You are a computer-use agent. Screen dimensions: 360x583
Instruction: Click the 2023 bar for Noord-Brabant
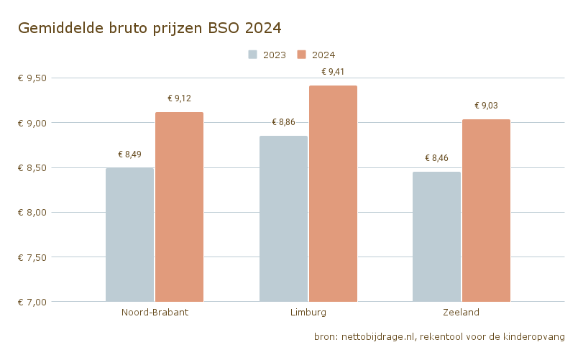click(129, 235)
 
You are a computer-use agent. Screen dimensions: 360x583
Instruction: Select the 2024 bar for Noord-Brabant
click(179, 207)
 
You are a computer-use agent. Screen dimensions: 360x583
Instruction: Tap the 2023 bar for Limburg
click(283, 219)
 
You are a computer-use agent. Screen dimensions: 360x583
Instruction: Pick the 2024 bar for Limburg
click(333, 194)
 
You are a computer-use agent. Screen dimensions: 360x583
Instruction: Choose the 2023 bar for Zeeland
click(436, 236)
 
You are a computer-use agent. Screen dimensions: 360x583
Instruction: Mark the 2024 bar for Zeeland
click(486, 211)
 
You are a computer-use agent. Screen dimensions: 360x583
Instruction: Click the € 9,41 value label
click(333, 72)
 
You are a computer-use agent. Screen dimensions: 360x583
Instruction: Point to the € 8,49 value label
click(129, 154)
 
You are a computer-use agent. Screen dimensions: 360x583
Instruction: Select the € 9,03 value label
click(486, 106)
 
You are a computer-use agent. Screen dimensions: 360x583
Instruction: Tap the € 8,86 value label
click(283, 122)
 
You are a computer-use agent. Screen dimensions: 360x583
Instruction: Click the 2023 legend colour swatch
click(253, 55)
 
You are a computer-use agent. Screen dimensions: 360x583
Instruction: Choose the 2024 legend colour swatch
click(302, 55)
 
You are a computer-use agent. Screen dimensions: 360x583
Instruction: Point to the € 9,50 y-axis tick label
click(32, 78)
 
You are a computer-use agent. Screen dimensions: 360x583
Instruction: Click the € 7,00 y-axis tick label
click(32, 302)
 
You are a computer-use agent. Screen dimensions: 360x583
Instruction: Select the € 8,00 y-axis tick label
click(32, 213)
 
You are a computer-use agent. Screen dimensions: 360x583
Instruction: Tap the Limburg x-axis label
click(308, 313)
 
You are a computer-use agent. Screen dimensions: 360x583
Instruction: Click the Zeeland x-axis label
click(462, 313)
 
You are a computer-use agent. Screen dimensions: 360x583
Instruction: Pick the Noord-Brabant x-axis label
click(155, 313)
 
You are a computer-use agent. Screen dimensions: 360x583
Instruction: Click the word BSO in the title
click(224, 28)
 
